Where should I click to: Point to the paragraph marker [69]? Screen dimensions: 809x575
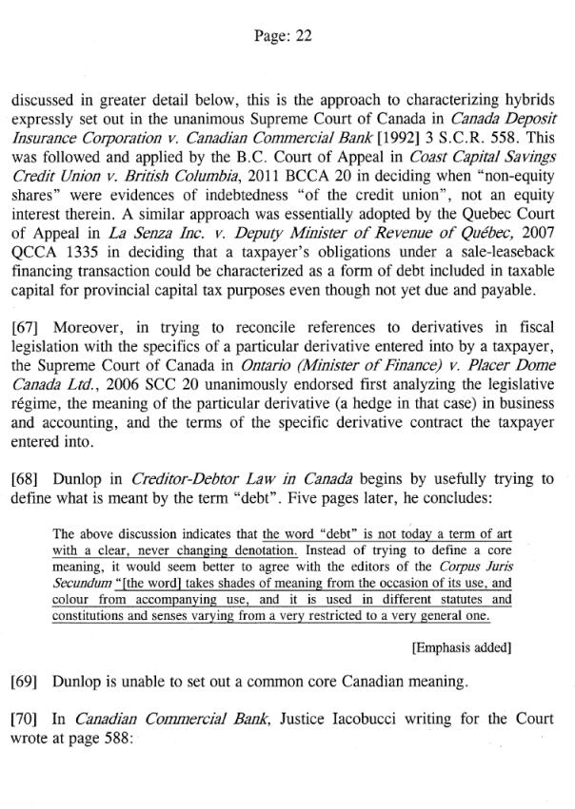point(27,682)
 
